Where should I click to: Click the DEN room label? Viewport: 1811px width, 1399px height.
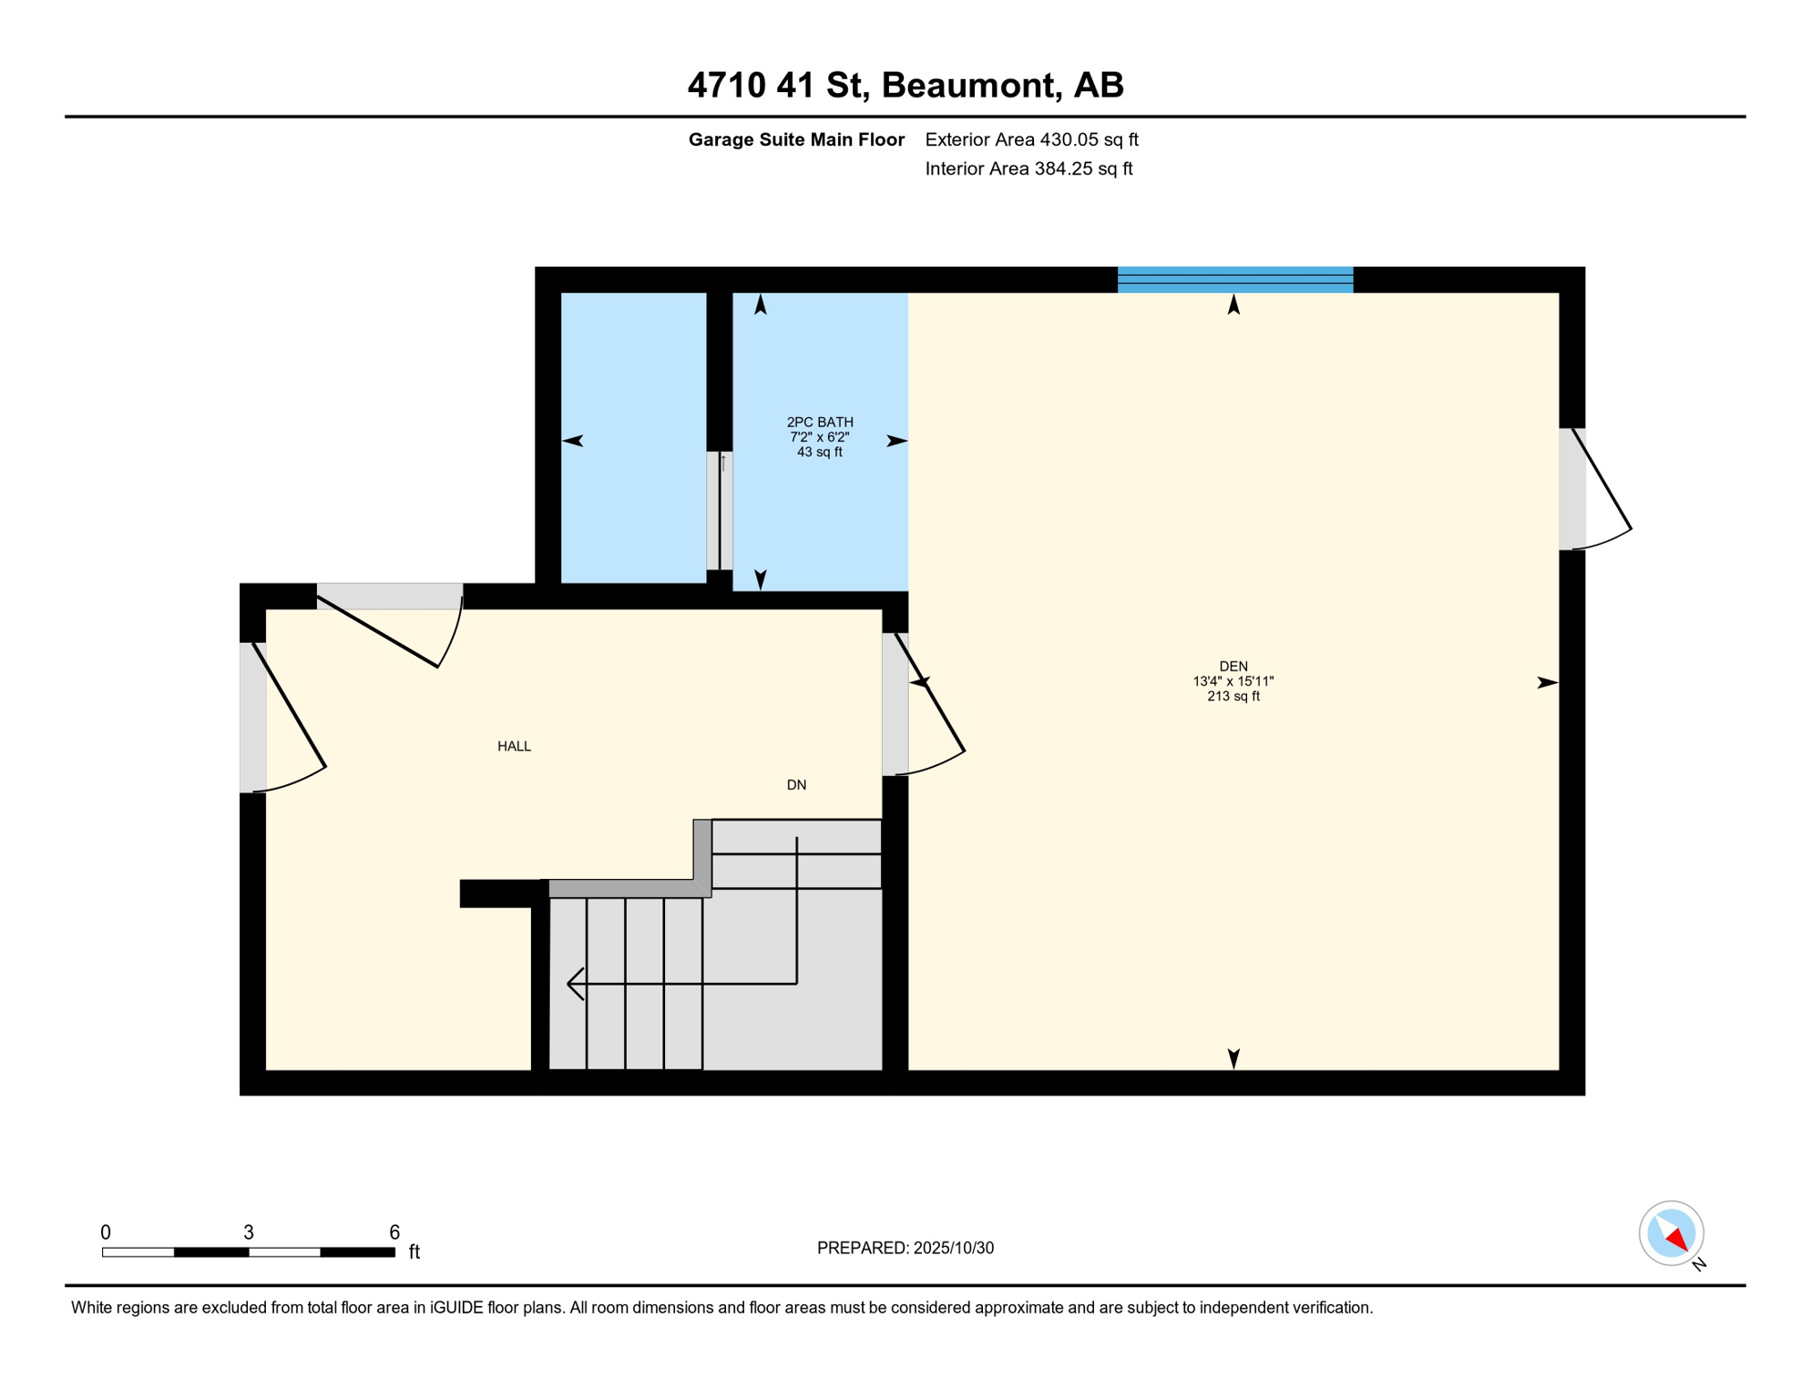click(1233, 667)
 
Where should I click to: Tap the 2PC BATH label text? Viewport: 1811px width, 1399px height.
click(820, 423)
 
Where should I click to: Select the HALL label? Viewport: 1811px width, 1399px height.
click(514, 746)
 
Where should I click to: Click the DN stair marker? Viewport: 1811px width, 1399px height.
click(796, 785)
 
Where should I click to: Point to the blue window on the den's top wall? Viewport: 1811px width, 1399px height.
click(1234, 280)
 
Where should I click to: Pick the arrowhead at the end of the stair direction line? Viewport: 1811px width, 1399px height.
click(574, 984)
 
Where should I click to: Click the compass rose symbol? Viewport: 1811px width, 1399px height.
click(1671, 1233)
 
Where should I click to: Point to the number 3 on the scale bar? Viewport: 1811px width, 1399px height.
click(248, 1232)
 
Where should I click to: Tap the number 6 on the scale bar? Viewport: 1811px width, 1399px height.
click(394, 1232)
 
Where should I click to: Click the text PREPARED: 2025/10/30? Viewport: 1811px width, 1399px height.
click(905, 1248)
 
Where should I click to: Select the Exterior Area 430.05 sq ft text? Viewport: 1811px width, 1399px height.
click(1031, 139)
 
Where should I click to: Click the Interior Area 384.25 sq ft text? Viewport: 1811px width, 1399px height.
click(1028, 168)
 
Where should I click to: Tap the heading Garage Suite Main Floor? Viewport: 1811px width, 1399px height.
click(796, 139)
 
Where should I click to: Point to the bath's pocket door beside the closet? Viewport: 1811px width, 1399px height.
click(720, 510)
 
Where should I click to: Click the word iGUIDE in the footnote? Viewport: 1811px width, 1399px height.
click(456, 1308)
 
